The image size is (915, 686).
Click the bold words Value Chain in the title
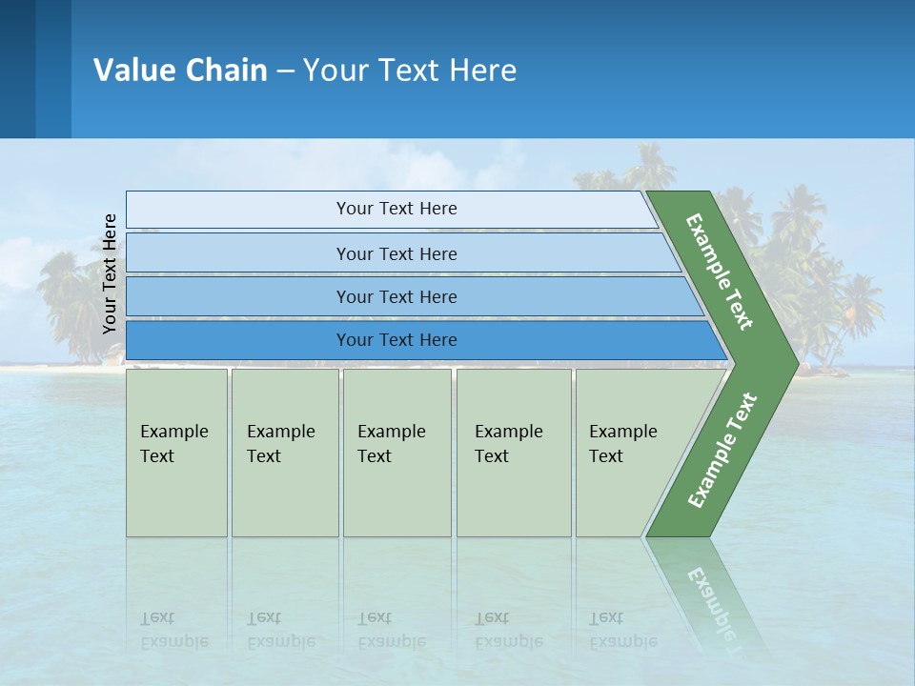[180, 71]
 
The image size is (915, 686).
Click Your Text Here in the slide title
[410, 71]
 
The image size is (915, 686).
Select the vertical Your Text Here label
[110, 274]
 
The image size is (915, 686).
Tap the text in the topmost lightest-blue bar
[396, 209]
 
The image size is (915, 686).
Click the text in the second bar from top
[396, 254]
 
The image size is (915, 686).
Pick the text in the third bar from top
[396, 297]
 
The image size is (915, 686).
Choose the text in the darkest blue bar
[396, 340]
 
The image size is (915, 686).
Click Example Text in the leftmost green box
[173, 444]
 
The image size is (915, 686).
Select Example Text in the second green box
[280, 444]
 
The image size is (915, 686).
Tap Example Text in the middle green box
[391, 444]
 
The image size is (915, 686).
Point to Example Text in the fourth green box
[508, 444]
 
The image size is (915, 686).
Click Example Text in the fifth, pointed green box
[622, 444]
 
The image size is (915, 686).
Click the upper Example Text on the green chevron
[720, 272]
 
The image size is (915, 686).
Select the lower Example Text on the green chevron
[722, 451]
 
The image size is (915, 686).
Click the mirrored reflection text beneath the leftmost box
[173, 630]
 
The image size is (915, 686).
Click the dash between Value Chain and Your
[285, 71]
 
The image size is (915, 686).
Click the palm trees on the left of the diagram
[71, 305]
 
